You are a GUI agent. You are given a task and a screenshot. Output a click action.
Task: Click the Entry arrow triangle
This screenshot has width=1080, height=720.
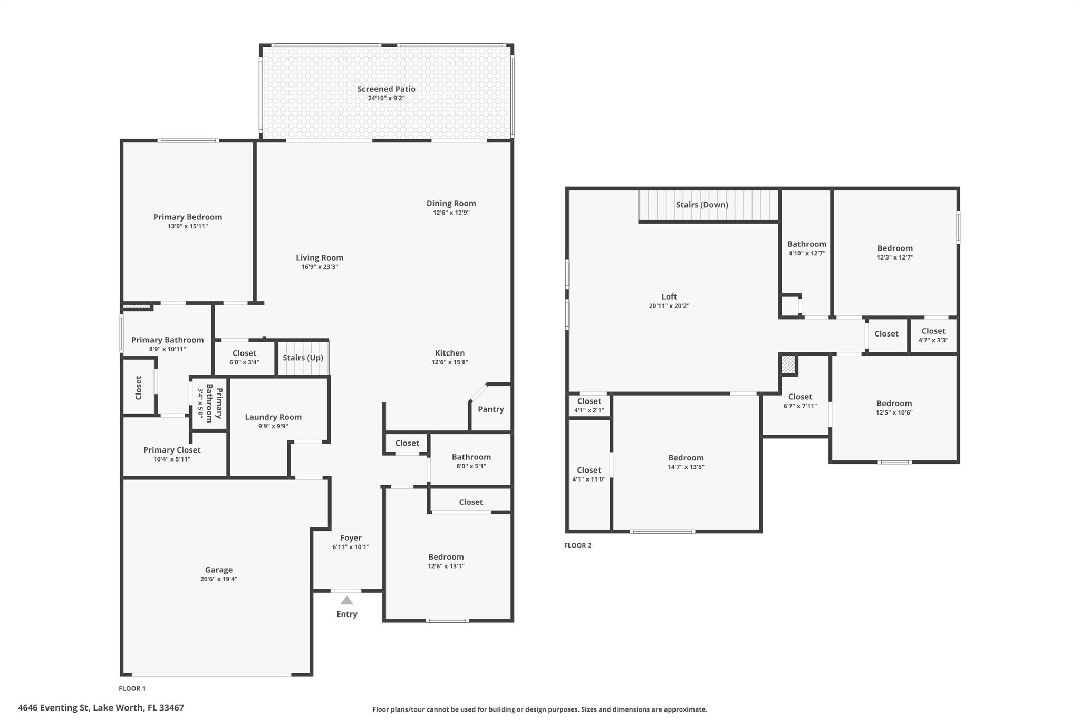346,600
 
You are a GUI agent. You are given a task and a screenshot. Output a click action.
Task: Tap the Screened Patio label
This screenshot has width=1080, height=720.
387,89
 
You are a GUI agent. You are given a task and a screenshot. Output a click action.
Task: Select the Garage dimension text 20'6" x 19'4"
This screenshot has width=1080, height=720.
219,579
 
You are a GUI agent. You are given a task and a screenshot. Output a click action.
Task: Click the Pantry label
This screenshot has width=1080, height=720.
491,409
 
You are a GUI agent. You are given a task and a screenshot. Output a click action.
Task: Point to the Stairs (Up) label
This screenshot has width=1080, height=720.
303,358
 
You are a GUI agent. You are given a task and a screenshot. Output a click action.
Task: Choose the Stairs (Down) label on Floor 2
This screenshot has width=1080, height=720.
702,205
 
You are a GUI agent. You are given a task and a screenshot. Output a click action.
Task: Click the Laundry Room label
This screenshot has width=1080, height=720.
273,417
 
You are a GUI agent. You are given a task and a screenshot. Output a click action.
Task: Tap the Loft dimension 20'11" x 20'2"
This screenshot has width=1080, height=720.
669,306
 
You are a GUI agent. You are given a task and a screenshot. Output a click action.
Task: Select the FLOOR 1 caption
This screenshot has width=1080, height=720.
132,688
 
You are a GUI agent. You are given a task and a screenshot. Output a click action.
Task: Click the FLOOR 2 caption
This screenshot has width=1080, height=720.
578,545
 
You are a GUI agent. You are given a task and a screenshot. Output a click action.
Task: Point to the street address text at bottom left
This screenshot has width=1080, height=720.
101,708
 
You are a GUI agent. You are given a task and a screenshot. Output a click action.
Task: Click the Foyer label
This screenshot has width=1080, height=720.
351,538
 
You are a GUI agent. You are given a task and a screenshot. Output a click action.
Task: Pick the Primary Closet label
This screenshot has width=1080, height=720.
172,450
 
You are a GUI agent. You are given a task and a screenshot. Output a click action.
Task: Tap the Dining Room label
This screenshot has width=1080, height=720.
451,204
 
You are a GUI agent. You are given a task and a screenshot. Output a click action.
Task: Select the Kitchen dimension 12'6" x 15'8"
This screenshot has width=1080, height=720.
450,362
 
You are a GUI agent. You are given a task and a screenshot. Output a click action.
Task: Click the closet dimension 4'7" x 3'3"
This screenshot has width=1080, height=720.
933,340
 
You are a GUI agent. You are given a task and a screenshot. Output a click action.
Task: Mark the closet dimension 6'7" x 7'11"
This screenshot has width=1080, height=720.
800,406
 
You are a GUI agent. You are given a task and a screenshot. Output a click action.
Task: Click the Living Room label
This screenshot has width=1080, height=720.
320,258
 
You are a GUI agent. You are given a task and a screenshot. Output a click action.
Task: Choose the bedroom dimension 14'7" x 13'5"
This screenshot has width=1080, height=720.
686,467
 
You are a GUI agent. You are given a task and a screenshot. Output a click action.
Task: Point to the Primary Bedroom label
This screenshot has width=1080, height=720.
188,217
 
